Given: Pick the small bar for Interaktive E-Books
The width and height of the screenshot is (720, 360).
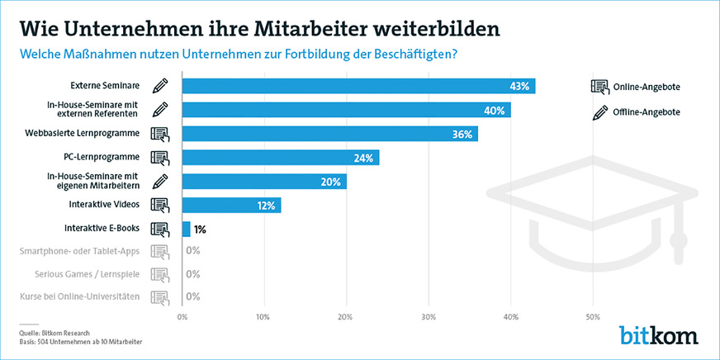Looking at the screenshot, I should [x=186, y=229].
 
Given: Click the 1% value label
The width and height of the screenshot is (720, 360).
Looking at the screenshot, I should [x=199, y=229].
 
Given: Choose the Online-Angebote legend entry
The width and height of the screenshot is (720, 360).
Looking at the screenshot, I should [x=646, y=88].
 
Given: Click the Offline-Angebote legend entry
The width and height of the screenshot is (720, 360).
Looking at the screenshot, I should [x=647, y=111].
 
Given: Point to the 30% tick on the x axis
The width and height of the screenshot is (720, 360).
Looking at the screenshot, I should [x=428, y=315].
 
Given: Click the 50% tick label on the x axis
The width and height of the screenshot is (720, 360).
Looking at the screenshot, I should [x=592, y=315].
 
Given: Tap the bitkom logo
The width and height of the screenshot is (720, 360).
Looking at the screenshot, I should [x=658, y=335].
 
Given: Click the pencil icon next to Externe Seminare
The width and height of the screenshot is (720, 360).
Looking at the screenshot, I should [x=160, y=86].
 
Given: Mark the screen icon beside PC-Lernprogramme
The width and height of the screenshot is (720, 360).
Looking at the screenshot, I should [x=160, y=157].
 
